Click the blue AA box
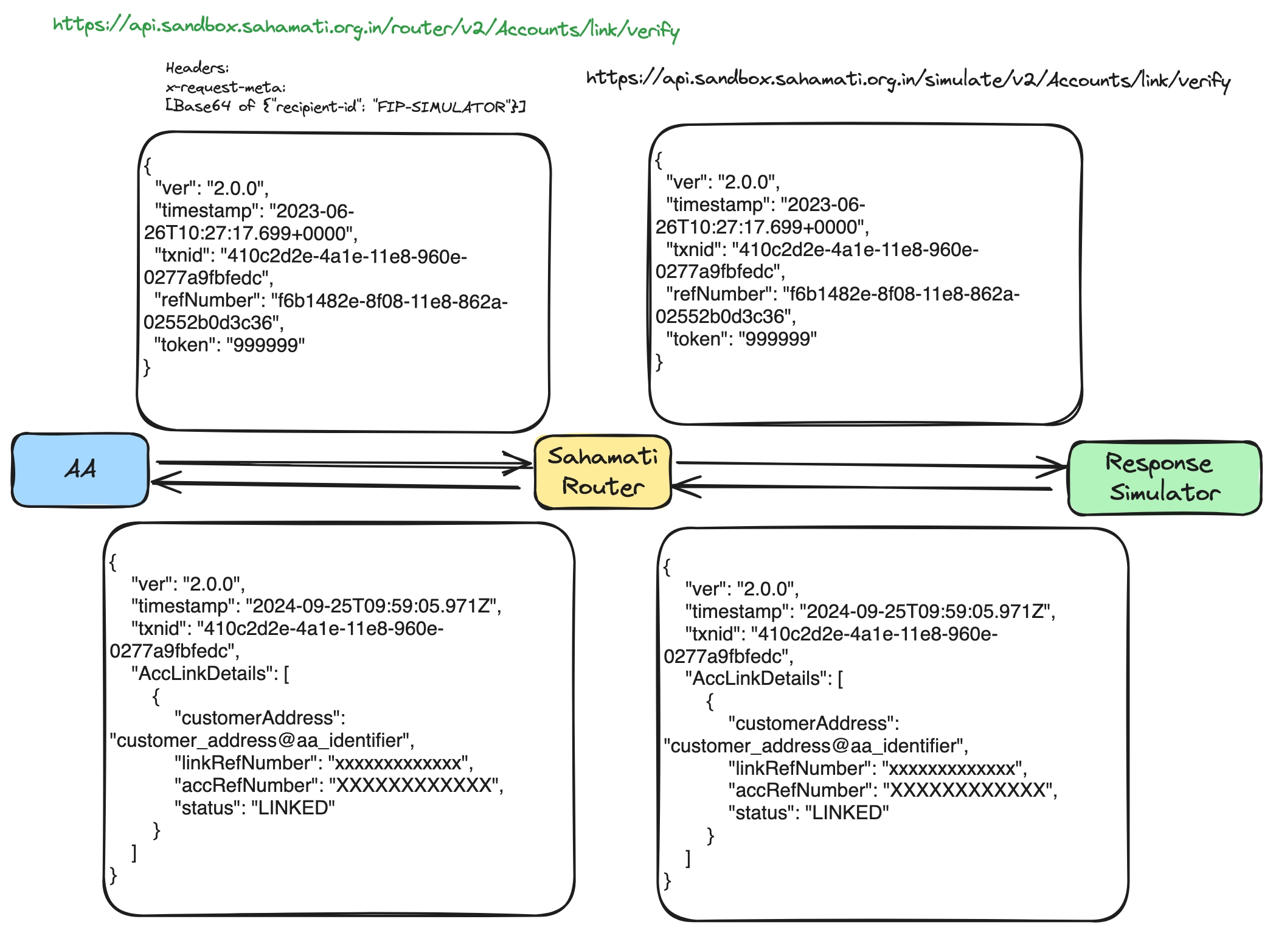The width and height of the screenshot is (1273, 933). point(80,470)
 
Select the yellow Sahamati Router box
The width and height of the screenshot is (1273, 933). point(602,472)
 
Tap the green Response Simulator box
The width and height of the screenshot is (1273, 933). point(1164,478)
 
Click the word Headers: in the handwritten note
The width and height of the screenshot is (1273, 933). point(197,68)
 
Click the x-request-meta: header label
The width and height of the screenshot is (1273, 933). point(226,87)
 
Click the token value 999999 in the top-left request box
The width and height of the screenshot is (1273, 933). point(265,345)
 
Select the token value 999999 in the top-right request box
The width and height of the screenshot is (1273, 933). point(777,339)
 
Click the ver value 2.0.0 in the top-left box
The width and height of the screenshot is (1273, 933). point(237,188)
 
